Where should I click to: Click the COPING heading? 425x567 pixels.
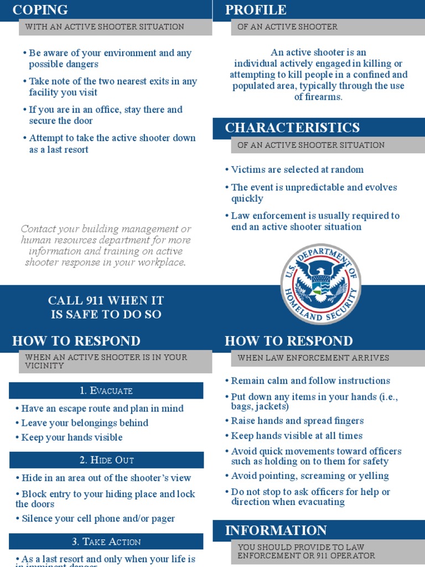(40, 10)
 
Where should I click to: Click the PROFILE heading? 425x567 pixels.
(256, 10)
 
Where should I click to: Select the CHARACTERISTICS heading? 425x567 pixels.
(292, 128)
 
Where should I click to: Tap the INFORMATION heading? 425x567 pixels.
(276, 530)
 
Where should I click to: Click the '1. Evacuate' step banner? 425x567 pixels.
(106, 391)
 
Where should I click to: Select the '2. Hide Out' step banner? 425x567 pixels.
(106, 460)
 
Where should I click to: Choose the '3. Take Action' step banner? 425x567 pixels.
(106, 542)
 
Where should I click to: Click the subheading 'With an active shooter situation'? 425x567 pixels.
(105, 27)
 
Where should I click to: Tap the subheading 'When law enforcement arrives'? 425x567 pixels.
(313, 358)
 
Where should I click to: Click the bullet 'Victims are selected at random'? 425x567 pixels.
(297, 169)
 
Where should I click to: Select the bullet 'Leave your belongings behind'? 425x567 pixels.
(85, 423)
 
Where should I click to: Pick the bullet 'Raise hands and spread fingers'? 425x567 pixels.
(297, 421)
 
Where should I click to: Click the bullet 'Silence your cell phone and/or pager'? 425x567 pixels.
(98, 519)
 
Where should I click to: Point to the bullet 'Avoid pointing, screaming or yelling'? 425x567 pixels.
(310, 476)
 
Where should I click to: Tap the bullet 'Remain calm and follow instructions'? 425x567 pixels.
(310, 381)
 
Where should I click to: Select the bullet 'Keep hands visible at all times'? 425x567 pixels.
(297, 436)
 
